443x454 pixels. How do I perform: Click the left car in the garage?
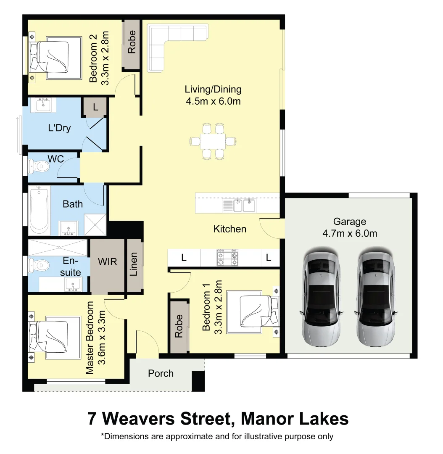click(321, 298)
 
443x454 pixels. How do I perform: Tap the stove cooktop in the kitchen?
click(227, 257)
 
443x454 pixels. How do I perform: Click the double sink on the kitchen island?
click(244, 205)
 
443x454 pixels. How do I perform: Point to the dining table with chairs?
click(213, 141)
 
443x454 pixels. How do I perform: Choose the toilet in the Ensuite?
click(39, 265)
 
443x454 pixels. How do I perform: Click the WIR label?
click(108, 261)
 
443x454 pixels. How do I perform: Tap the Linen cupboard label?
click(134, 264)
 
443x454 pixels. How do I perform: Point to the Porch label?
click(161, 373)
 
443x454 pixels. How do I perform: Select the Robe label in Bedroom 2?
click(132, 42)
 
